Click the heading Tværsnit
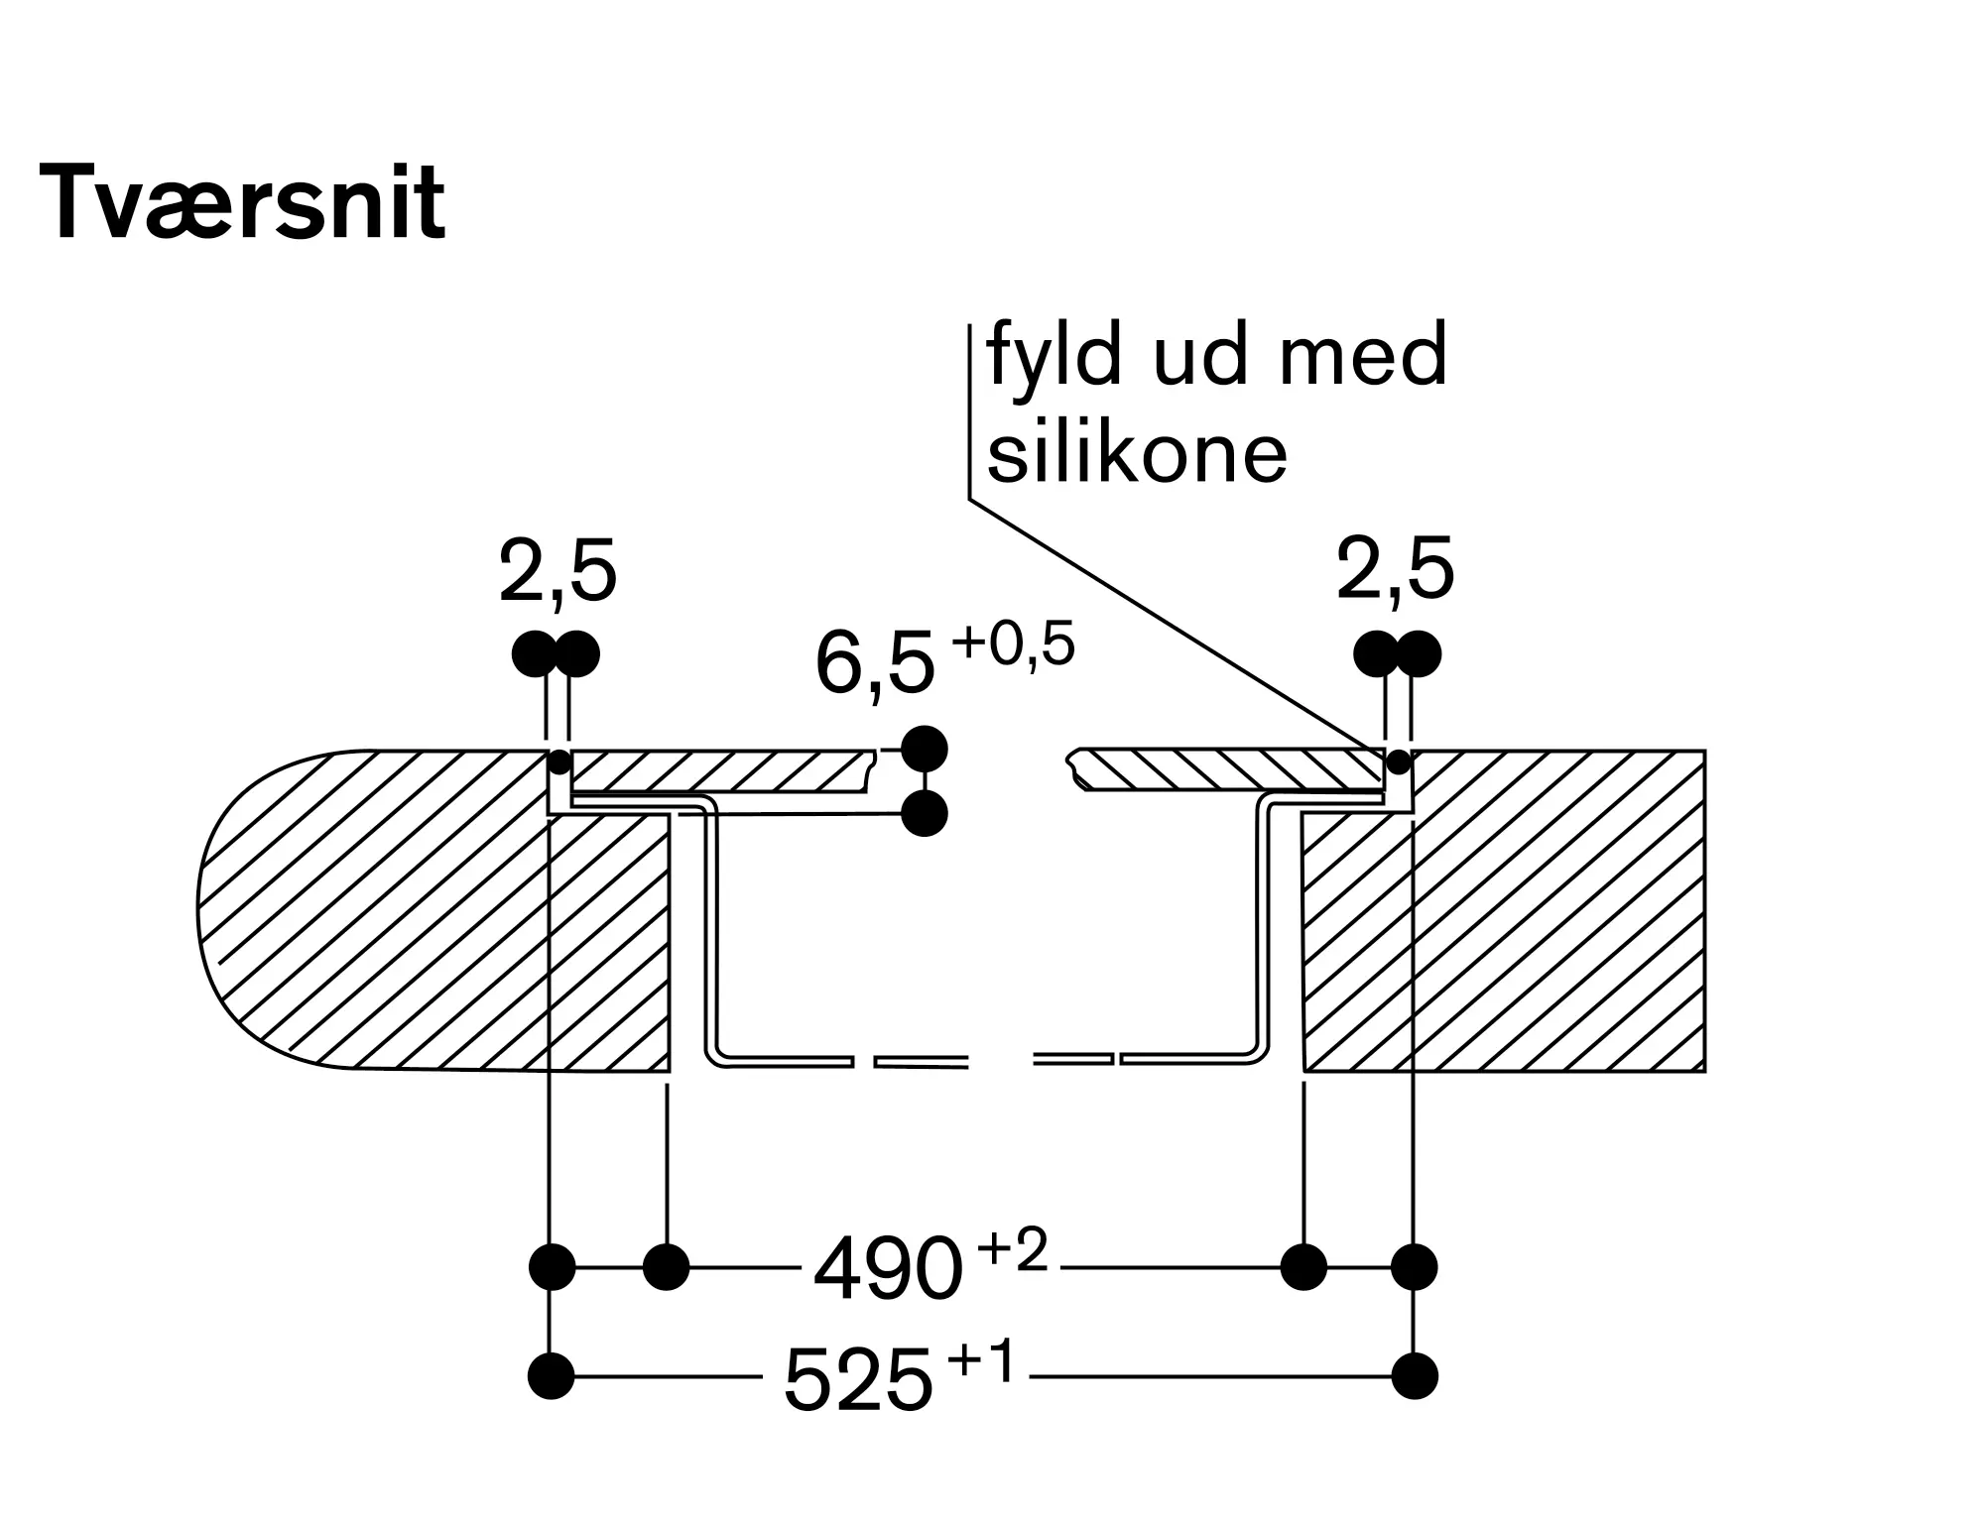(x=242, y=204)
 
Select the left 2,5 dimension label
(x=558, y=573)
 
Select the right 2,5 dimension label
(x=1395, y=571)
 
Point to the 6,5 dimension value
(x=875, y=665)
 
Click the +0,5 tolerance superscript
(x=1013, y=645)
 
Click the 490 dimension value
(x=888, y=1268)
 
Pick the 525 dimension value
(x=858, y=1378)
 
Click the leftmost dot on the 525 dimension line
(x=552, y=1376)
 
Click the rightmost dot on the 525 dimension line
(x=1415, y=1376)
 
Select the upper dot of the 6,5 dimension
(x=925, y=750)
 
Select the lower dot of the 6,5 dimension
(x=925, y=814)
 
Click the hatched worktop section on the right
(x=1504, y=910)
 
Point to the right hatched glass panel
(x=1226, y=769)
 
